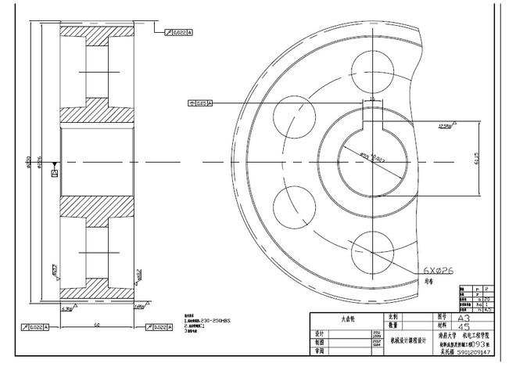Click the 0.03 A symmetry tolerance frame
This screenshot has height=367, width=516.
tap(201, 103)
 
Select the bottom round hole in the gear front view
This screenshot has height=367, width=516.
tap(372, 250)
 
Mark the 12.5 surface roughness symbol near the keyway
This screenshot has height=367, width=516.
tap(446, 125)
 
